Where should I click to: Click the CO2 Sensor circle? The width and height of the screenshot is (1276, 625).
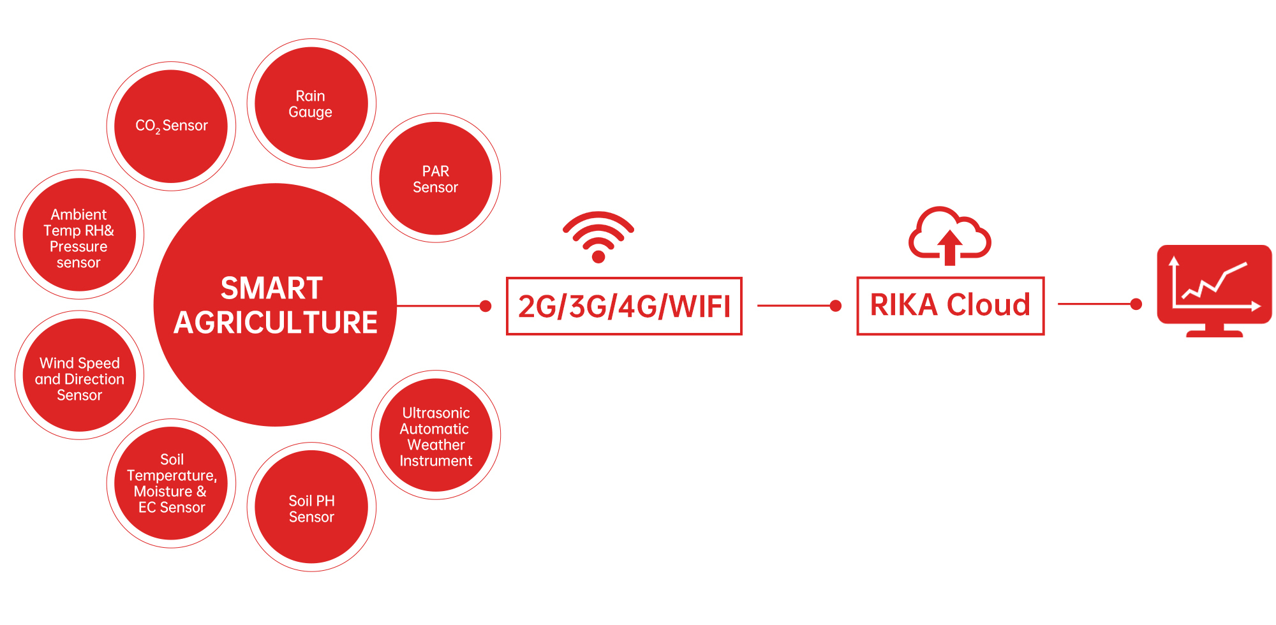coord(171,126)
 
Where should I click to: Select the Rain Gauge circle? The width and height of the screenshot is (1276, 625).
coord(311,103)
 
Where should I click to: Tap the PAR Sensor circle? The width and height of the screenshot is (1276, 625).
coord(436,179)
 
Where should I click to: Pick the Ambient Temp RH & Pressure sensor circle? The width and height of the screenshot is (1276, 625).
coord(79,235)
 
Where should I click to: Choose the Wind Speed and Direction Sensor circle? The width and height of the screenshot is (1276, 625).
coord(79,376)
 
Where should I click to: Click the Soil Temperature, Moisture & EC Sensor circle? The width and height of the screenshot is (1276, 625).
coord(171,483)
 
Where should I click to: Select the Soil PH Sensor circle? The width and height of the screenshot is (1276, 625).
coord(311,508)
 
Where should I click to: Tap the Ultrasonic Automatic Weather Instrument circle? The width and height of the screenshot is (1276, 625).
coord(436,436)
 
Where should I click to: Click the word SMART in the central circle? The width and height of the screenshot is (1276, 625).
coord(272,288)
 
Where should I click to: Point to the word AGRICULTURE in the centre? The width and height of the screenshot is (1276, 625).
coord(276,323)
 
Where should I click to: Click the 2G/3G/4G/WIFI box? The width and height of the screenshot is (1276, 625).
coord(624,306)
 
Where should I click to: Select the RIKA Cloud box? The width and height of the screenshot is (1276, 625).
coord(950,305)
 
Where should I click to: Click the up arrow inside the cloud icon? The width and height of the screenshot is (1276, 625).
coord(949,247)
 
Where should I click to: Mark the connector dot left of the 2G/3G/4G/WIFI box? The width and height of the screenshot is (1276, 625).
coord(486,306)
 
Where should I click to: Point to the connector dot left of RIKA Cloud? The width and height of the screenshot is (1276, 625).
coord(835,306)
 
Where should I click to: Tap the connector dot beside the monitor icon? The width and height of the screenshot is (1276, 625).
coord(1136,304)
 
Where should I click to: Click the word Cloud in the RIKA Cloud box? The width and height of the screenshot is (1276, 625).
coord(989,305)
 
